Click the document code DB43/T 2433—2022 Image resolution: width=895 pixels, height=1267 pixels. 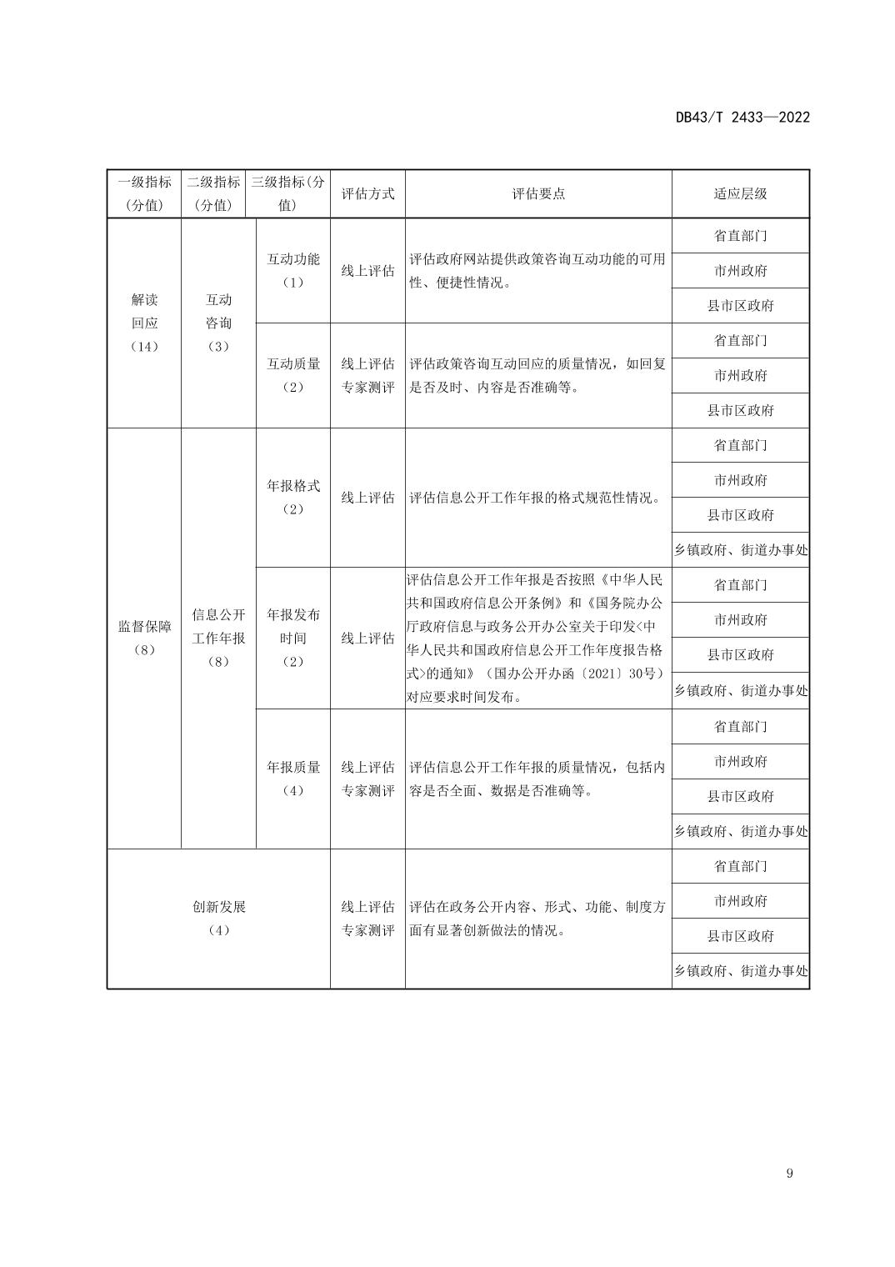(742, 118)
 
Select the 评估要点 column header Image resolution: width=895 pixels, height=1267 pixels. (537, 193)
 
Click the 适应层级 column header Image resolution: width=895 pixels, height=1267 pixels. (740, 193)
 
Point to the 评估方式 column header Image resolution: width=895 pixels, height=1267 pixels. (367, 193)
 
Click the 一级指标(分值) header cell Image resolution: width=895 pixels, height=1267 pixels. (144, 193)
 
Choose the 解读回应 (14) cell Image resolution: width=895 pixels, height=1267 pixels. (144, 323)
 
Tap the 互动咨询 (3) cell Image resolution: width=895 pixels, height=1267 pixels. (218, 323)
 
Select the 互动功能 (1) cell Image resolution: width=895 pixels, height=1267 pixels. (292, 271)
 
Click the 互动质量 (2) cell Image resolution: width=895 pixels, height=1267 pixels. (292, 375)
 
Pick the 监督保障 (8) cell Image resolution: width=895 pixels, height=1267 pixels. (144, 638)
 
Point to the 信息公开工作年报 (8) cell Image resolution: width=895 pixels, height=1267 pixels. (218, 638)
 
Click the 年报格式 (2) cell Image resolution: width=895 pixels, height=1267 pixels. (292, 497)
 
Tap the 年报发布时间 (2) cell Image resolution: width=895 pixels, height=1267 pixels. (292, 638)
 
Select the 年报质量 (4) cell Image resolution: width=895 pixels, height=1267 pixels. (292, 779)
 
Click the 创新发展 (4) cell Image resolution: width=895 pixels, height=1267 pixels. (218, 919)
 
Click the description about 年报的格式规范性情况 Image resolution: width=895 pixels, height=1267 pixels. (534, 498)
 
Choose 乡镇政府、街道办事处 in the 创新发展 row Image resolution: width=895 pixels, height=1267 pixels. (740, 971)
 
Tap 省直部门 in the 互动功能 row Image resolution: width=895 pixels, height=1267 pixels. (740, 236)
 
